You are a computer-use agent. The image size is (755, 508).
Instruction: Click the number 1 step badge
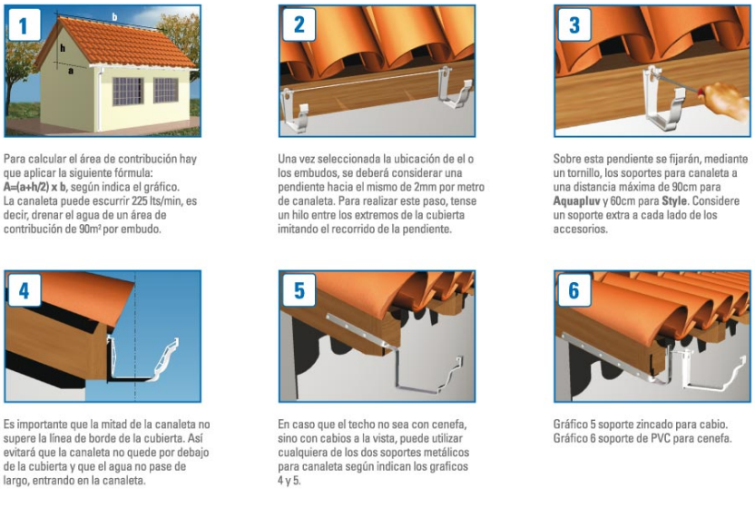(24, 25)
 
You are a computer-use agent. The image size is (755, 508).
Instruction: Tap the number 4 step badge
(24, 290)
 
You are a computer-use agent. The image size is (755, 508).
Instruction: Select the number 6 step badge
(574, 290)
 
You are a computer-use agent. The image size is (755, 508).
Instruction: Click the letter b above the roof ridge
(114, 17)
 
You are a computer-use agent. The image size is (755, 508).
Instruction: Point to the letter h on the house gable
(63, 48)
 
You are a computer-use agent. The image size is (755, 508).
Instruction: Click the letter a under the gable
(71, 72)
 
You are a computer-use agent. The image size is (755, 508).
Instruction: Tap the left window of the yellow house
(128, 91)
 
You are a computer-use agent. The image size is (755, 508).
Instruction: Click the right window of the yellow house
(166, 90)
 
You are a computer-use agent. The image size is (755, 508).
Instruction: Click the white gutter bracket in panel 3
(662, 99)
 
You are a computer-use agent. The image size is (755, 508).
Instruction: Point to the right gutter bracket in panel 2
(453, 89)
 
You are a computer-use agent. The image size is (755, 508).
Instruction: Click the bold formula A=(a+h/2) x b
(34, 187)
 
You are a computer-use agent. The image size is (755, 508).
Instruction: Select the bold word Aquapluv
(576, 201)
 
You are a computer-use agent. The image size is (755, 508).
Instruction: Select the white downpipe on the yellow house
(100, 100)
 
